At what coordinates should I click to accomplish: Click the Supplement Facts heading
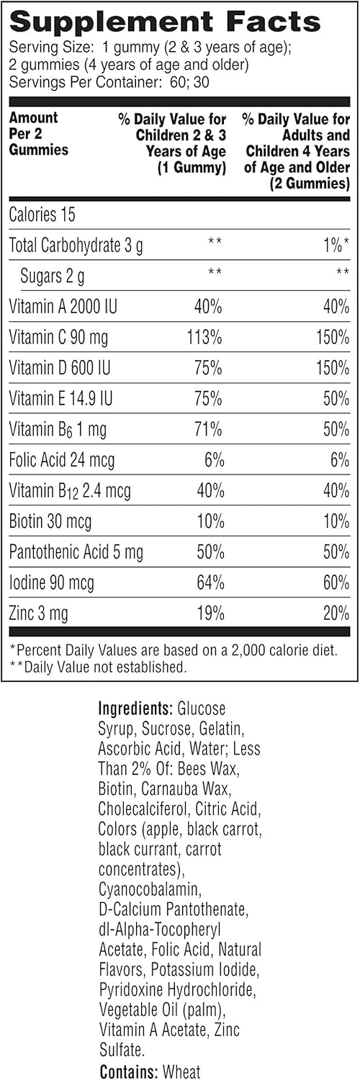tap(165, 21)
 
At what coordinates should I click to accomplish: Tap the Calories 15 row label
tap(42, 215)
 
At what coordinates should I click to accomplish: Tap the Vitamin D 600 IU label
tap(63, 369)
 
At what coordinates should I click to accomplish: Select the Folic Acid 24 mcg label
tap(62, 460)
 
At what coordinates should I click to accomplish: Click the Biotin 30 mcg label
tap(50, 521)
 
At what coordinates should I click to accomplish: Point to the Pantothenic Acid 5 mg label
tap(76, 552)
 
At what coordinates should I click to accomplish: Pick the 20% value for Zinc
tap(335, 614)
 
